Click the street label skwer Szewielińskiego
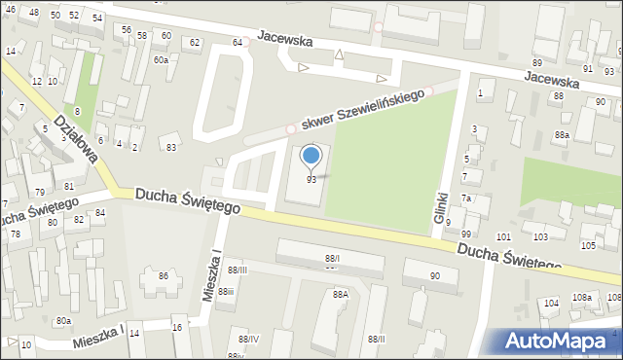pos(367,110)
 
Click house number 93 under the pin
pos(311,180)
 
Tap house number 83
pos(171,147)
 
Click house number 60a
pos(161,60)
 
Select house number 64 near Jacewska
pos(237,42)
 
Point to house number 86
pos(164,276)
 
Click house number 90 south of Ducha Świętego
pos(434,276)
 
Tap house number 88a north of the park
pos(562,134)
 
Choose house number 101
pos(503,236)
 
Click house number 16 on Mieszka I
pos(177,328)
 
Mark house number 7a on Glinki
pos(466,198)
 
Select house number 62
pos(195,42)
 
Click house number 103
pos(542,236)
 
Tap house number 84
pos(100,212)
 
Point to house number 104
pos(551,304)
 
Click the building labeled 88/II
pos(332,257)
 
